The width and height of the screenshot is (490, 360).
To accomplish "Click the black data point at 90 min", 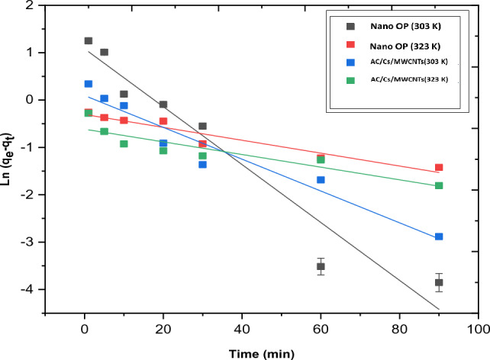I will coord(439,282).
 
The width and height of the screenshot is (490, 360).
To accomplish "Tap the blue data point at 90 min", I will coord(439,236).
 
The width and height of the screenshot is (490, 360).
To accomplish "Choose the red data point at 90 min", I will coord(439,167).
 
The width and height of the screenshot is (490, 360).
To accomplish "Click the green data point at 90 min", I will coord(439,185).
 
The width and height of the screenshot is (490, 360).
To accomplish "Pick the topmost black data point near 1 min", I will coord(89,40).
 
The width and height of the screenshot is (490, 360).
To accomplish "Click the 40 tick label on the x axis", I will coord(243,328).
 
